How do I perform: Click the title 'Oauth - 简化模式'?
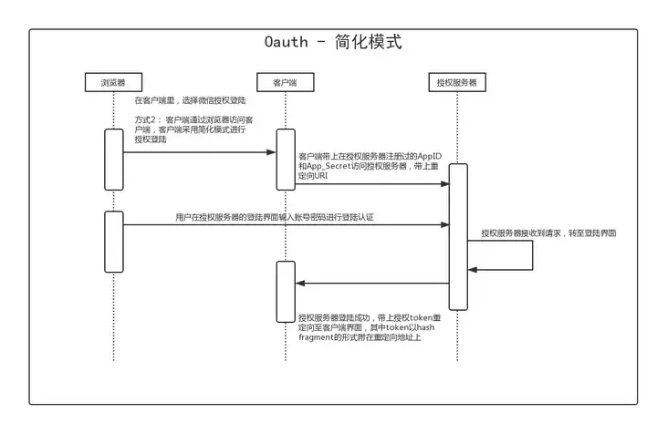click(x=332, y=43)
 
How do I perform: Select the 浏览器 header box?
click(x=113, y=83)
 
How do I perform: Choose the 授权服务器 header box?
click(x=457, y=83)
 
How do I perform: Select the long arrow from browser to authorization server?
click(x=283, y=226)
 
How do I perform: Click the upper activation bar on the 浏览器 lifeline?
click(x=113, y=159)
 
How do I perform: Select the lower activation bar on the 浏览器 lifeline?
click(x=113, y=242)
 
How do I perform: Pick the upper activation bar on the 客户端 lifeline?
click(x=286, y=159)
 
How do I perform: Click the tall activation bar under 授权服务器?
click(x=458, y=236)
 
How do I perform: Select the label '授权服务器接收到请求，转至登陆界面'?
click(x=548, y=233)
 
